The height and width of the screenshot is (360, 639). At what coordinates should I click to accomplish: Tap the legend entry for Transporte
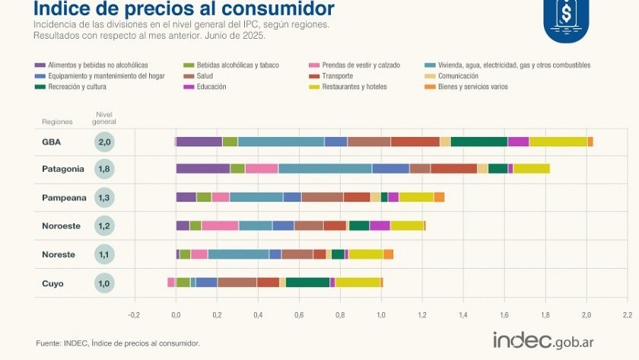(334, 76)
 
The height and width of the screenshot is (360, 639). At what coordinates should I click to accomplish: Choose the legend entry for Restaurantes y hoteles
(354, 87)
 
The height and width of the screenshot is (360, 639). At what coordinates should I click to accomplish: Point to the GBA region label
(52, 142)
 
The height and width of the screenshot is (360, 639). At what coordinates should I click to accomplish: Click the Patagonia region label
(62, 169)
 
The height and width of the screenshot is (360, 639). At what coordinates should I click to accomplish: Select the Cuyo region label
(52, 283)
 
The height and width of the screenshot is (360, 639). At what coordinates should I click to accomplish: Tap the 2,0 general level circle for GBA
(105, 142)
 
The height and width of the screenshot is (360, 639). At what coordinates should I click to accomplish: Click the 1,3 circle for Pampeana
(105, 198)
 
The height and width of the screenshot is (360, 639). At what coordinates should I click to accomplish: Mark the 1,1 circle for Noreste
(105, 255)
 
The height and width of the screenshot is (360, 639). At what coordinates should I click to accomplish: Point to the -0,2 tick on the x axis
(134, 313)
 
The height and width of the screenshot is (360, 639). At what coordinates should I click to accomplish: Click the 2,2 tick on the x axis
(626, 313)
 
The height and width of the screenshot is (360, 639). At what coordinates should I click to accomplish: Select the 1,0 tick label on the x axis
(380, 313)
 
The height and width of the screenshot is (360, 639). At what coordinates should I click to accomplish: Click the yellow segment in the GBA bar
(558, 142)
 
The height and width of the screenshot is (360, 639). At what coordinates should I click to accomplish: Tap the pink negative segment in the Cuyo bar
(171, 282)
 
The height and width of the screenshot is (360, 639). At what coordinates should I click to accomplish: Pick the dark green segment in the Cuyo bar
(307, 282)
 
